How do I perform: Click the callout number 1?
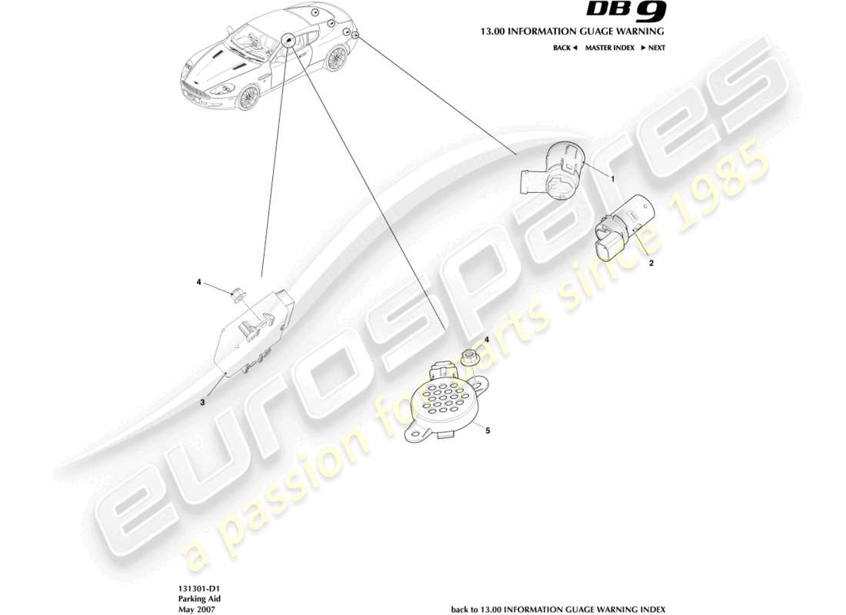613,178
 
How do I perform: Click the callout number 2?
651,263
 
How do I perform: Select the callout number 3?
202,401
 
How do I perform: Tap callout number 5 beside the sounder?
487,431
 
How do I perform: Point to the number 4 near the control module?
198,282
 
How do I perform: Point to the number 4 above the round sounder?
485,339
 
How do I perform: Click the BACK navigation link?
564,48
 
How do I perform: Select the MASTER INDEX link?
609,48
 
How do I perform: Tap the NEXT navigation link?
654,48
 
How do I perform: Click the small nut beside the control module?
237,291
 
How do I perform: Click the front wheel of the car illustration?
248,97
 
